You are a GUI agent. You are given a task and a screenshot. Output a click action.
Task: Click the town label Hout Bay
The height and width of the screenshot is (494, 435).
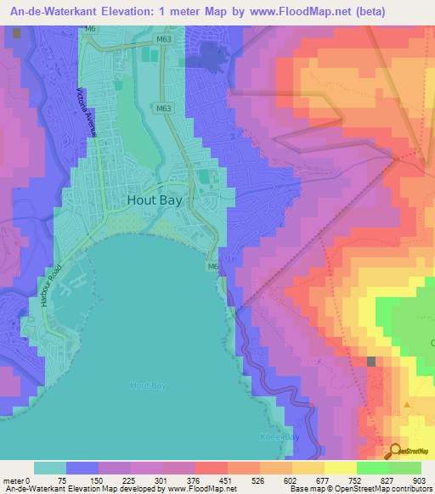point(161,200)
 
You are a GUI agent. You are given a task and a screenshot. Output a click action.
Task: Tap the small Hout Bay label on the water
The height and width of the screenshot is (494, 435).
point(148,385)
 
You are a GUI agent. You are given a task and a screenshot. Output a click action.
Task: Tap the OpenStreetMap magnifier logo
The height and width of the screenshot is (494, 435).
point(395,451)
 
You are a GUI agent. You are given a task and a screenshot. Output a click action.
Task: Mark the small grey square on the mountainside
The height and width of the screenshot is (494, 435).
point(372,362)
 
